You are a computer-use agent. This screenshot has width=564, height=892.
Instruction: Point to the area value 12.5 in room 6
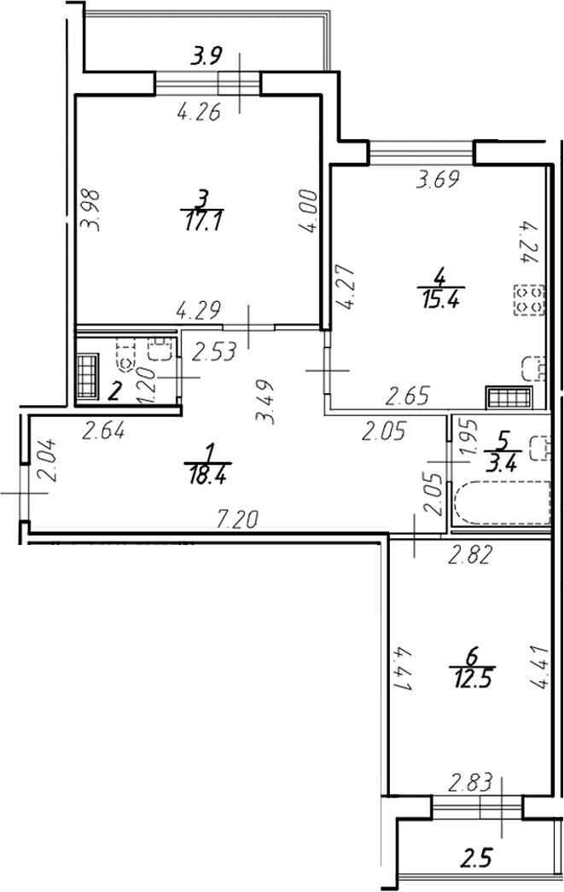[473, 679]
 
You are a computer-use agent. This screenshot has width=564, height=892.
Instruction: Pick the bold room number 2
[115, 392]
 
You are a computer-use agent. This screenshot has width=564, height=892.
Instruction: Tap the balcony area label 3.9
[206, 57]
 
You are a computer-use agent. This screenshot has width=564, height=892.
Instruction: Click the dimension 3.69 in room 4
[438, 180]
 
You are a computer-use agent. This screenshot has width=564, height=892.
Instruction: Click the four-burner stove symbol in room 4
[530, 300]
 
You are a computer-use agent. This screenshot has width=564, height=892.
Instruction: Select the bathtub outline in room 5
[503, 503]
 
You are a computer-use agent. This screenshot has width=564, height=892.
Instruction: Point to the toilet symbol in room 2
[125, 356]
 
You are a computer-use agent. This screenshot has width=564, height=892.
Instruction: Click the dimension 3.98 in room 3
[91, 210]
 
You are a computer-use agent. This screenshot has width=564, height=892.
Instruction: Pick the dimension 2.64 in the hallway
[103, 432]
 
